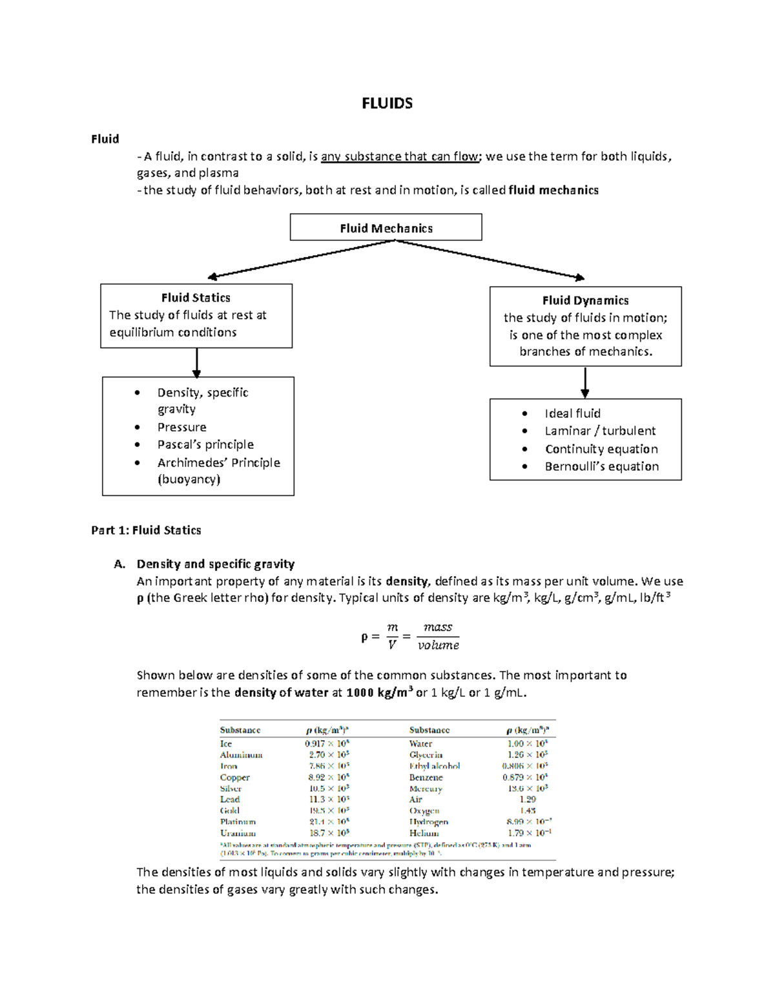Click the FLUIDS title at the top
click(x=387, y=103)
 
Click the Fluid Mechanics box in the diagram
click(x=386, y=228)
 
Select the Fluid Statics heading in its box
click(x=196, y=298)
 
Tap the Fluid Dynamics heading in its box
click(x=585, y=300)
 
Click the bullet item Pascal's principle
click(x=205, y=444)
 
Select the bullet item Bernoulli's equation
click(x=601, y=466)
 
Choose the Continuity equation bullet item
click(x=601, y=449)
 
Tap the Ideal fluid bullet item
click(x=572, y=413)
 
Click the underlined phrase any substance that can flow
click(x=400, y=156)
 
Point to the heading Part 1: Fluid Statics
click(x=146, y=530)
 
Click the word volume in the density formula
click(x=438, y=645)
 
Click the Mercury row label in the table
click(x=426, y=789)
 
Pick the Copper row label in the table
click(x=234, y=778)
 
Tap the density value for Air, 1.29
click(x=528, y=800)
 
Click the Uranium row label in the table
click(x=238, y=833)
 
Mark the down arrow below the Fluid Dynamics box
click(x=585, y=382)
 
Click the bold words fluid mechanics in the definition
click(x=553, y=190)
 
